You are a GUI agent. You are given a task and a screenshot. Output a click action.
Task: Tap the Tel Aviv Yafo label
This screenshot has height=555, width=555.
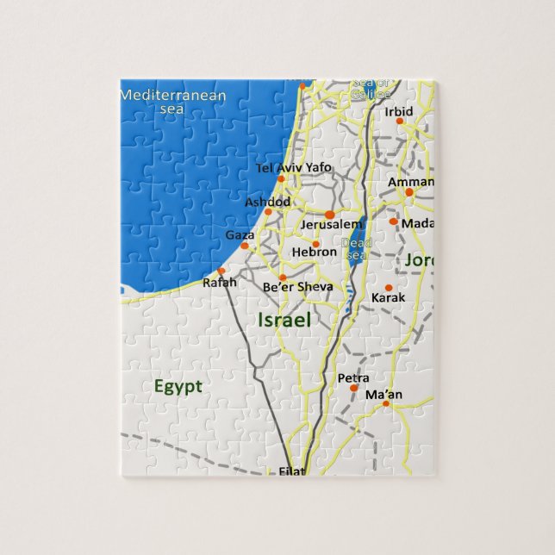tap(294, 166)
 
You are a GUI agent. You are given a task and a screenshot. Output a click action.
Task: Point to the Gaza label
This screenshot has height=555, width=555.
tap(239, 234)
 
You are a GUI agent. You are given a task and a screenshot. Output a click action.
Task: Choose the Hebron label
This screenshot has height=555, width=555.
tap(314, 252)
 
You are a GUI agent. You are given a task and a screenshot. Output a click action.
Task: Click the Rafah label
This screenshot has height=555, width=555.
tap(218, 282)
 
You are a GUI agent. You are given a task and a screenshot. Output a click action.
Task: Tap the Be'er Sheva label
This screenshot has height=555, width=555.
tap(297, 286)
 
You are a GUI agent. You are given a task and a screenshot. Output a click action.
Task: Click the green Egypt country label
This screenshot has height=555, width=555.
tap(178, 386)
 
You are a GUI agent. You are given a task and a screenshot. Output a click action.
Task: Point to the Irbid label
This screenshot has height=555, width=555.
tap(399, 111)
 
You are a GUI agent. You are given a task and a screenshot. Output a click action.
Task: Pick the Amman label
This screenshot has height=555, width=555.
tap(411, 182)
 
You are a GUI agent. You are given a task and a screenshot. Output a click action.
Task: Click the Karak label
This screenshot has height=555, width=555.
tap(387, 297)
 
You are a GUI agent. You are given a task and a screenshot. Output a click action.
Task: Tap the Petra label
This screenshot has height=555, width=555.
tap(353, 377)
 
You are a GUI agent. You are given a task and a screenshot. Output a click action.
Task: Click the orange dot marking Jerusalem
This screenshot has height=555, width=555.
tap(329, 214)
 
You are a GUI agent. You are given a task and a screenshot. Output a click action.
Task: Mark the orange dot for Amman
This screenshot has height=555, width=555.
tap(409, 192)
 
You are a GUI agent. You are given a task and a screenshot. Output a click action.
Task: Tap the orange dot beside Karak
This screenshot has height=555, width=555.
tap(388, 288)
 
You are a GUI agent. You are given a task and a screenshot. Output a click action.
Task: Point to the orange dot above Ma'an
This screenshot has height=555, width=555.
tap(386, 403)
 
